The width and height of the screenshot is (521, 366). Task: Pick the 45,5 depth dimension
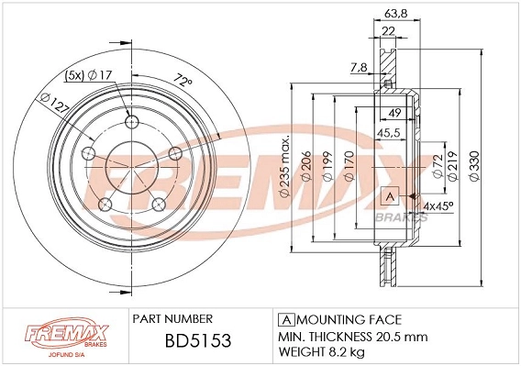[396, 133]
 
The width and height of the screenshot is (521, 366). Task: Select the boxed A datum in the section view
[387, 196]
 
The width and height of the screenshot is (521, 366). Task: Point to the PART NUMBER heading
[175, 319]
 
